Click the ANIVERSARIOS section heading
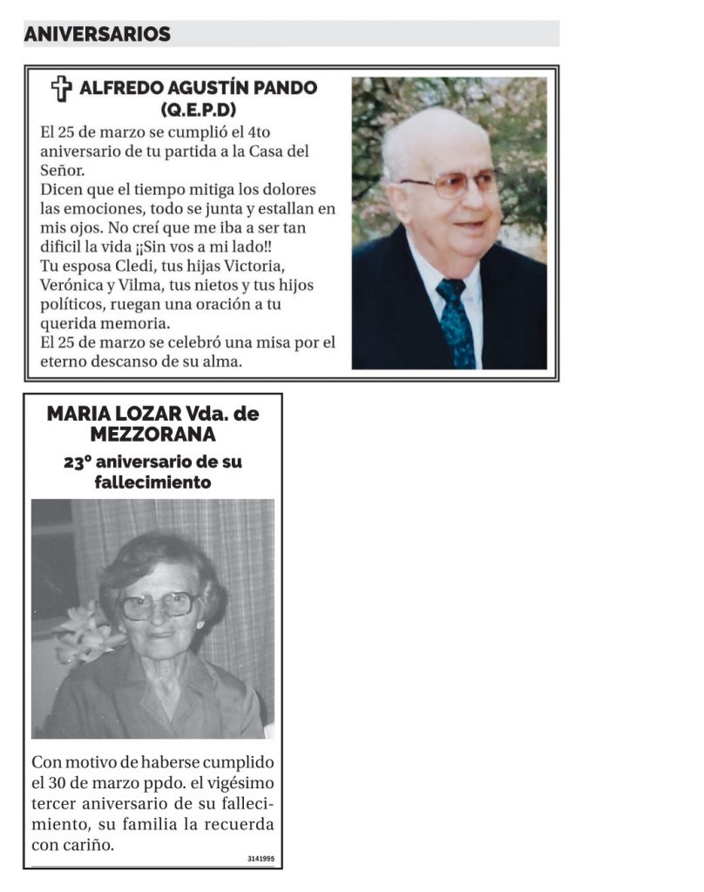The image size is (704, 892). (97, 34)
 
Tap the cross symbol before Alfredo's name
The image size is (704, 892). (60, 88)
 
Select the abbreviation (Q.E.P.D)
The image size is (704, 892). (199, 110)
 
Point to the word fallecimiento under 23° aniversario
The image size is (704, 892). (152, 483)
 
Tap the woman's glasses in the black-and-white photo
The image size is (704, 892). (158, 605)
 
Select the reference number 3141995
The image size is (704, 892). (261, 859)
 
